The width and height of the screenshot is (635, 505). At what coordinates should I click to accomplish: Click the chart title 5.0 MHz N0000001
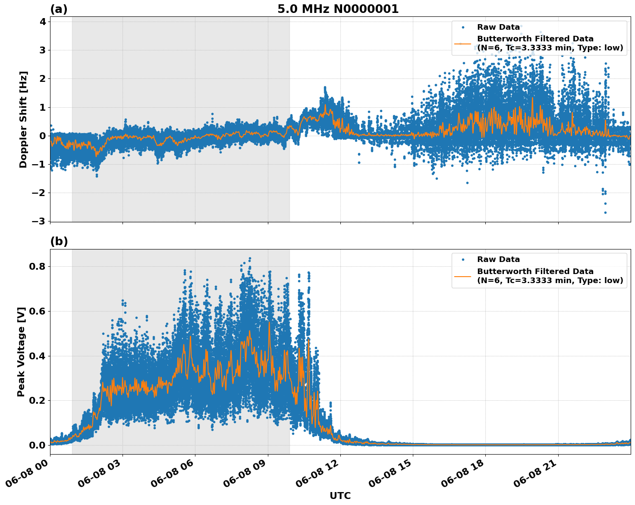tap(338, 9)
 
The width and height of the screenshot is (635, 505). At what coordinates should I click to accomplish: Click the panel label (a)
tap(59, 9)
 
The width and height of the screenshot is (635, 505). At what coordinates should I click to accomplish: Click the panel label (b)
tap(59, 241)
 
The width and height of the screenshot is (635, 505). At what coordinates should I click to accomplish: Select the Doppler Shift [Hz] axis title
tap(23, 119)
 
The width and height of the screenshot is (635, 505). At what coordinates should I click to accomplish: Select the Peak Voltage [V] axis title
tap(21, 352)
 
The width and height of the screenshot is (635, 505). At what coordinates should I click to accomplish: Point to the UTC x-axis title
tap(340, 496)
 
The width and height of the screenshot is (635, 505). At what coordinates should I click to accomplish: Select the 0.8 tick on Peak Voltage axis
tap(38, 266)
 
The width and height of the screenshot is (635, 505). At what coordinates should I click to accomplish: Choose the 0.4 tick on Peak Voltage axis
tap(38, 356)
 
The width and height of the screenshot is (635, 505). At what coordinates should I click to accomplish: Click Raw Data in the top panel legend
tap(498, 27)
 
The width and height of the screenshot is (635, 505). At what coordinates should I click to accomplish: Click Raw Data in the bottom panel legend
tap(498, 259)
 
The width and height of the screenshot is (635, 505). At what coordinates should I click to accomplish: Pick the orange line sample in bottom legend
tap(462, 276)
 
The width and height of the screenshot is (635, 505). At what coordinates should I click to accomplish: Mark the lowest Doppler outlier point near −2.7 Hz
tap(605, 212)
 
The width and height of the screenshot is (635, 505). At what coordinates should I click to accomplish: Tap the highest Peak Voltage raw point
tap(249, 259)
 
